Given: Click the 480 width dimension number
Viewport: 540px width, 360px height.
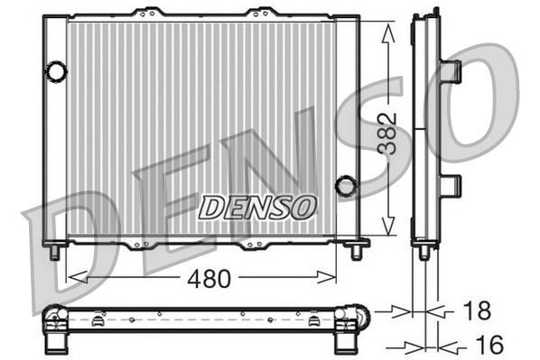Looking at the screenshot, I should coord(208,278).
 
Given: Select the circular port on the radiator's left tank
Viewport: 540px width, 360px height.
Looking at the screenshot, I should coord(56,69).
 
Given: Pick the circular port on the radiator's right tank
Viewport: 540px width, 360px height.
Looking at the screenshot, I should coord(345,186).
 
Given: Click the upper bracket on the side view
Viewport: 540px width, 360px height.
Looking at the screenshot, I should coord(451,69).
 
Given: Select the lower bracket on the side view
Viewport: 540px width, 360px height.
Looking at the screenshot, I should coord(451,185).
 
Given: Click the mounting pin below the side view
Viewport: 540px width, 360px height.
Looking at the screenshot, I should coord(424,254).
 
